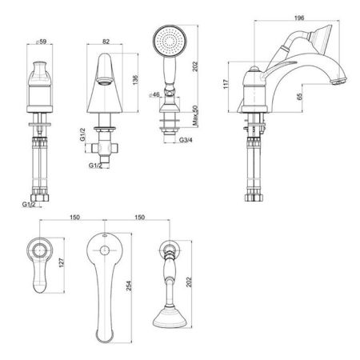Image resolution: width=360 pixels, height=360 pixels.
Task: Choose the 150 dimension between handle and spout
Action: pos(74,216)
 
